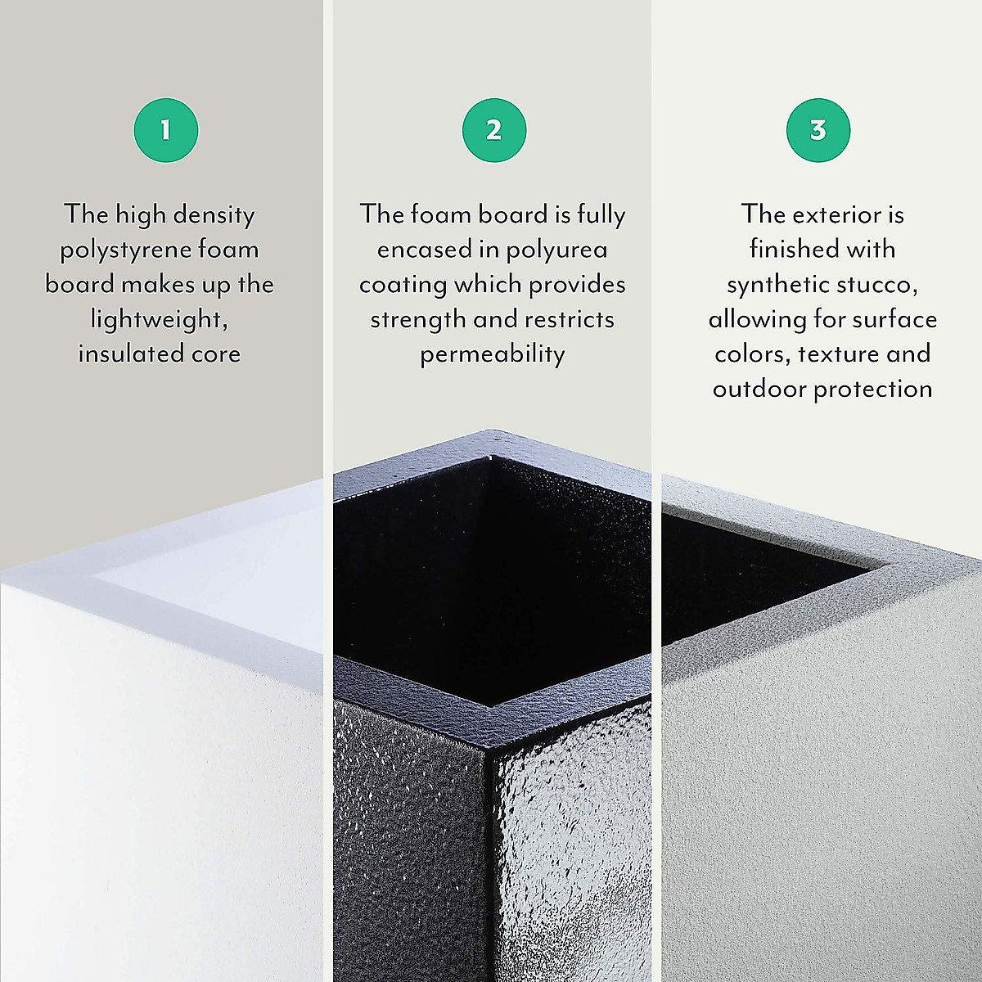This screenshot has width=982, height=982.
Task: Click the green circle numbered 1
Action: (x=166, y=130)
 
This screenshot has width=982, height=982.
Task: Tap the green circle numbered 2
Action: (x=493, y=130)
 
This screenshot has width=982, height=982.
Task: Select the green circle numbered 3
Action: (x=818, y=130)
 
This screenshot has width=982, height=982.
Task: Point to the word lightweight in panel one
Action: (x=158, y=319)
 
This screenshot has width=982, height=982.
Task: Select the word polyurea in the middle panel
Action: (x=556, y=250)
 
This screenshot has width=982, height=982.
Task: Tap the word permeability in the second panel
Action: (x=493, y=354)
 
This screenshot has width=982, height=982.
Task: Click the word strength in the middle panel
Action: (x=417, y=319)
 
